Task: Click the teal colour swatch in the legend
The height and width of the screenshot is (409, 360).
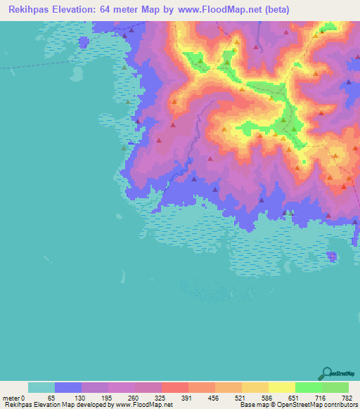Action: [x=41, y=387]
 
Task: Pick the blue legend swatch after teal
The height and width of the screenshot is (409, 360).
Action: [x=68, y=387]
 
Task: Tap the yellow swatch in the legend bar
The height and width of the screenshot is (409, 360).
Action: [x=282, y=387]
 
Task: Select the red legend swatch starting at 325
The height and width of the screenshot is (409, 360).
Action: [x=175, y=387]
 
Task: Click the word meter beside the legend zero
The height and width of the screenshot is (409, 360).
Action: [x=11, y=398]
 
